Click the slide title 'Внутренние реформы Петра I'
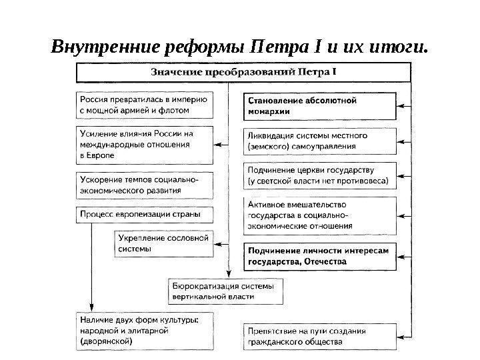(x=238, y=48)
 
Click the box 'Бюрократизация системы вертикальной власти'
(x=224, y=291)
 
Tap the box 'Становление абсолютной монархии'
(x=319, y=105)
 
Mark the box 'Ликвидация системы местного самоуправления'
(x=319, y=140)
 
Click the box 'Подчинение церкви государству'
(x=319, y=175)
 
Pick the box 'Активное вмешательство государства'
(x=319, y=215)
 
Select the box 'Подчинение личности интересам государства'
(x=319, y=257)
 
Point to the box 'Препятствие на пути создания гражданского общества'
(x=319, y=336)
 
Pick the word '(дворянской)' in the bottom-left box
(x=106, y=341)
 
